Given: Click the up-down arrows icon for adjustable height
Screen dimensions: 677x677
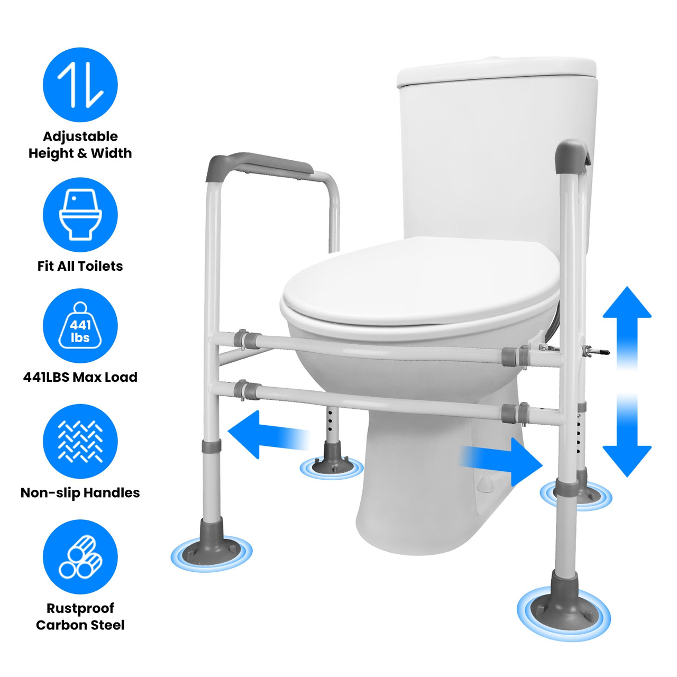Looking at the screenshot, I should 80,85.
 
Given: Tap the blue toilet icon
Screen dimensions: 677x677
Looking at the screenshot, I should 80,215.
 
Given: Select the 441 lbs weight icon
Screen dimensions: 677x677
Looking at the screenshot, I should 80,326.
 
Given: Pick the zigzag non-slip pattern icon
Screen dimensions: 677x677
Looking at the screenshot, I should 80,441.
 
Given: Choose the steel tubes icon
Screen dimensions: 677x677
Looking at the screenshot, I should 80,556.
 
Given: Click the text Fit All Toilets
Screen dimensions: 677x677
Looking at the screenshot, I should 80,266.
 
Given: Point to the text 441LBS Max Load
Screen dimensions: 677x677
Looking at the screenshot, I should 80,377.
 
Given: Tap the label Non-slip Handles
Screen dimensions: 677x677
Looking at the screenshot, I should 80,492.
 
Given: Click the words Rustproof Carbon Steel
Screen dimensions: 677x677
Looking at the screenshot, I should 80,616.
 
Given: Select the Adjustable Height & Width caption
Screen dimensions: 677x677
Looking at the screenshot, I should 80,144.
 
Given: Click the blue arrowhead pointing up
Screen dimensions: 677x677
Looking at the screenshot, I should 627,307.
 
